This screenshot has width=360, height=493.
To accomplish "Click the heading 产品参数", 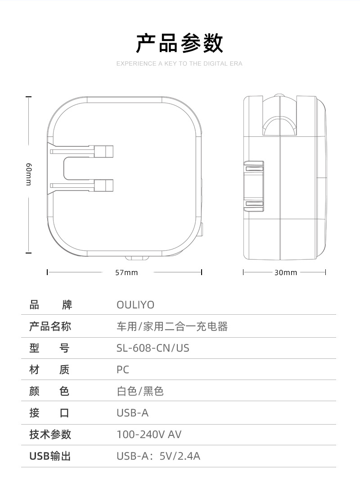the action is [x=180, y=43].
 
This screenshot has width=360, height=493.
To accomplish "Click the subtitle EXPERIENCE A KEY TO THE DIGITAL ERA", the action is [x=180, y=64].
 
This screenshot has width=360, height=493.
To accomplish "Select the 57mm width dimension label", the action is [x=126, y=272].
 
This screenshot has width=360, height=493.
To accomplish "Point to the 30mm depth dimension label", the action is [x=286, y=272].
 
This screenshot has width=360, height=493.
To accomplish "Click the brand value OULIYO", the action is [x=135, y=305].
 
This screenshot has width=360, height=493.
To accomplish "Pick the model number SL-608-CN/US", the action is [x=153, y=348].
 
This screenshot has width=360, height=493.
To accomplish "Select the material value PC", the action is [x=123, y=370].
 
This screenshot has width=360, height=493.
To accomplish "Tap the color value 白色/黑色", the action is [x=140, y=391].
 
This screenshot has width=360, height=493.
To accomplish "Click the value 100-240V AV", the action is [x=149, y=434].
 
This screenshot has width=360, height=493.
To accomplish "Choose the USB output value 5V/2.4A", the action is [x=180, y=456].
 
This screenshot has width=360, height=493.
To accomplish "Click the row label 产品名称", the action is [x=50, y=326].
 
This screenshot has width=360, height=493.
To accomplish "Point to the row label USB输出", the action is [x=50, y=456].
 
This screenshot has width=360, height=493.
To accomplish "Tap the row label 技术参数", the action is [x=50, y=434].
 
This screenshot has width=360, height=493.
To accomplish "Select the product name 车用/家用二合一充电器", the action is [x=172, y=326].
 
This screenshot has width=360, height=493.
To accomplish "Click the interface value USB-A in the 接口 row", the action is [x=132, y=413].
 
